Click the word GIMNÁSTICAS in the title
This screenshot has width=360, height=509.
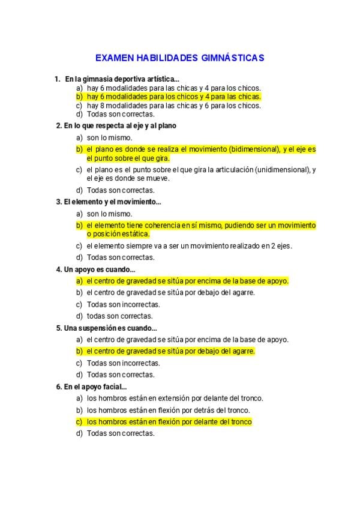(x=230, y=58)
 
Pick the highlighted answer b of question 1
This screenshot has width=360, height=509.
(x=173, y=96)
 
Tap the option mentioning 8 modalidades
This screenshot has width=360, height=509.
(x=173, y=105)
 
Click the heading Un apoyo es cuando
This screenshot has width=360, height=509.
(x=99, y=269)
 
